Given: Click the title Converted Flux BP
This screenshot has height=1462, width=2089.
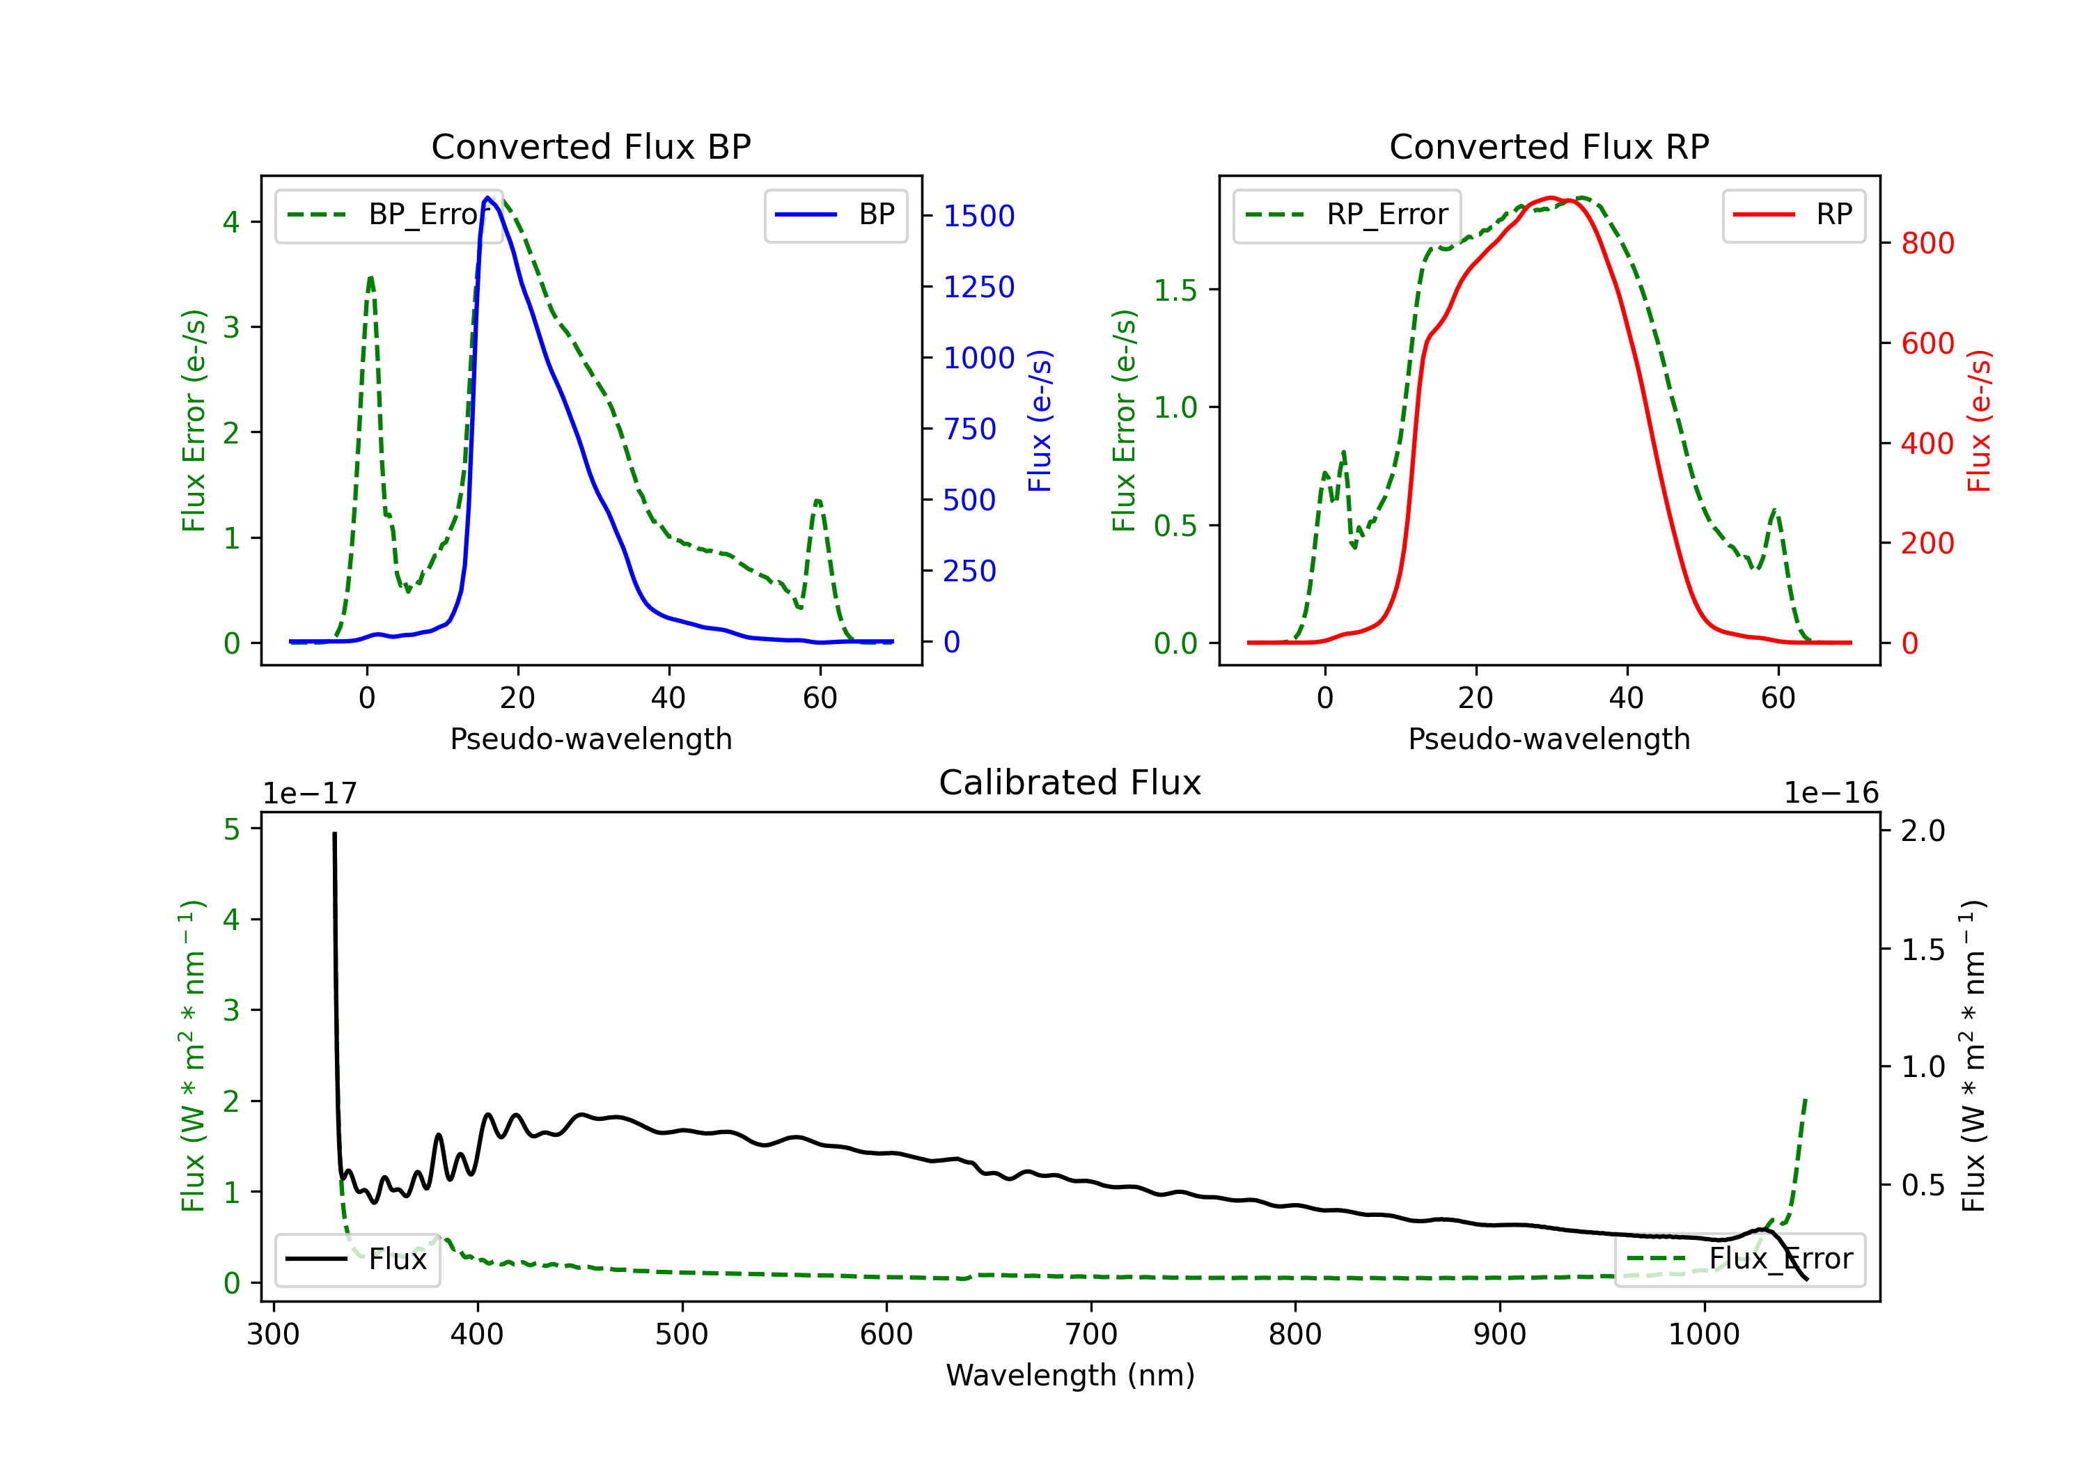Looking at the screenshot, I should (590, 146).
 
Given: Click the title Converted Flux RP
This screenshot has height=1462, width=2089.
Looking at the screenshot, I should (1549, 146).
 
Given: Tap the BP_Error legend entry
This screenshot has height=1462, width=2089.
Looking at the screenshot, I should (389, 214).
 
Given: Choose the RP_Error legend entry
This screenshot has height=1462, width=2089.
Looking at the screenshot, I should (1347, 214).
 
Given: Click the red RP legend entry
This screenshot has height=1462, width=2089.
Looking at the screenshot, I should (1793, 214).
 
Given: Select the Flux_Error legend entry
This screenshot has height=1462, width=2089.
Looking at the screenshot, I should (1739, 1259).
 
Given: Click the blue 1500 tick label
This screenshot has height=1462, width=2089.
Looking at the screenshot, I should (978, 217).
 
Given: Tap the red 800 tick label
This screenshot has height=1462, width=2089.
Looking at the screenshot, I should (1927, 244).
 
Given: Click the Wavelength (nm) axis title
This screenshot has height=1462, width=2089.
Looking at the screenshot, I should (1070, 1376).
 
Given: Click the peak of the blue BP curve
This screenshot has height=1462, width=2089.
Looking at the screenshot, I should (487, 198).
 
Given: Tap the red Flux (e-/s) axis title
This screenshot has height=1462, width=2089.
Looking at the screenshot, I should (1979, 421).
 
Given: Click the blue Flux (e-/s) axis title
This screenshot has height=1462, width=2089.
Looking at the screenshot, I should (1040, 421).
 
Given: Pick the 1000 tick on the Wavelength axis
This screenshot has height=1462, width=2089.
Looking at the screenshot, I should (1703, 1335).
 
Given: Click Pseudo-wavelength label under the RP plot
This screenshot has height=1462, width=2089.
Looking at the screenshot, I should (1549, 739).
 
